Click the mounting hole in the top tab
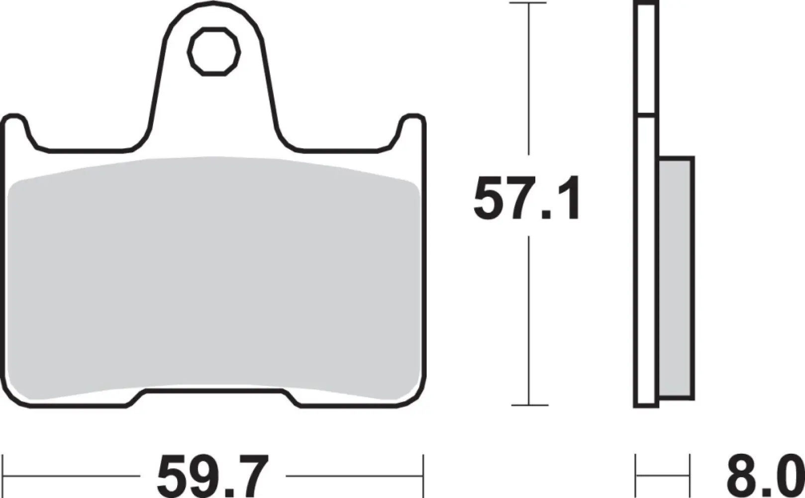(x=214, y=51)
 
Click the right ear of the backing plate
(x=412, y=127)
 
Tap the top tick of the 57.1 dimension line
(x=528, y=3)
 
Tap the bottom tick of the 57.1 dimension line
(x=528, y=405)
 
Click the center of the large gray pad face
(x=214, y=279)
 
